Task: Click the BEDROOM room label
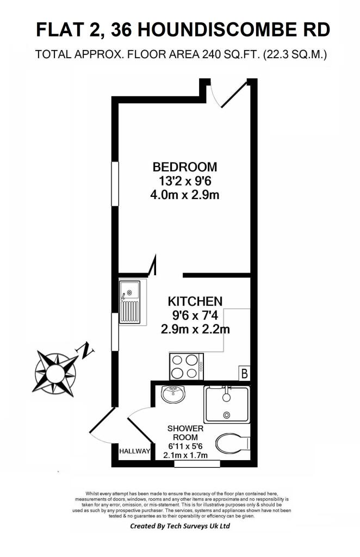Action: [x=184, y=166]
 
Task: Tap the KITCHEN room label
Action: [x=195, y=301]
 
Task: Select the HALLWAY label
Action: [x=134, y=451]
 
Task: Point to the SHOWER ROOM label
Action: [x=185, y=433]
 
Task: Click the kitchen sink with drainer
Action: [x=131, y=302]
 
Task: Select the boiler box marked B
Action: [x=245, y=374]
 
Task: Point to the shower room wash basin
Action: [x=173, y=393]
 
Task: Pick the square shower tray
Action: [x=227, y=404]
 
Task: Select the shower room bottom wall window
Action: [x=197, y=463]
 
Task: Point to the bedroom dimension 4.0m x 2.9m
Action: [x=184, y=194]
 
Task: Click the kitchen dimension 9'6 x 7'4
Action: [x=195, y=315]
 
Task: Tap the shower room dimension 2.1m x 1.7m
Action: [x=185, y=455]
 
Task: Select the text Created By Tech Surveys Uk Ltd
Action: [x=179, y=527]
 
